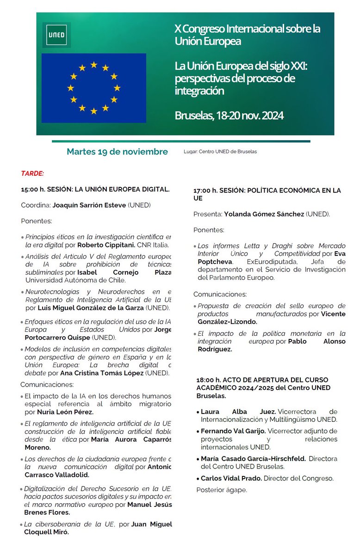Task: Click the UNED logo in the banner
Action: (56, 35)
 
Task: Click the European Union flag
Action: (93, 88)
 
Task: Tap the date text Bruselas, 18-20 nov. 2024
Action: (229, 115)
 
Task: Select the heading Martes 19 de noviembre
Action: (117, 152)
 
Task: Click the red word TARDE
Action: (32, 173)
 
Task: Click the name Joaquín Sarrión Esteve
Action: (89, 205)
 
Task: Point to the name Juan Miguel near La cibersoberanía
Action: (151, 524)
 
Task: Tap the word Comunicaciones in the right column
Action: (220, 294)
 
